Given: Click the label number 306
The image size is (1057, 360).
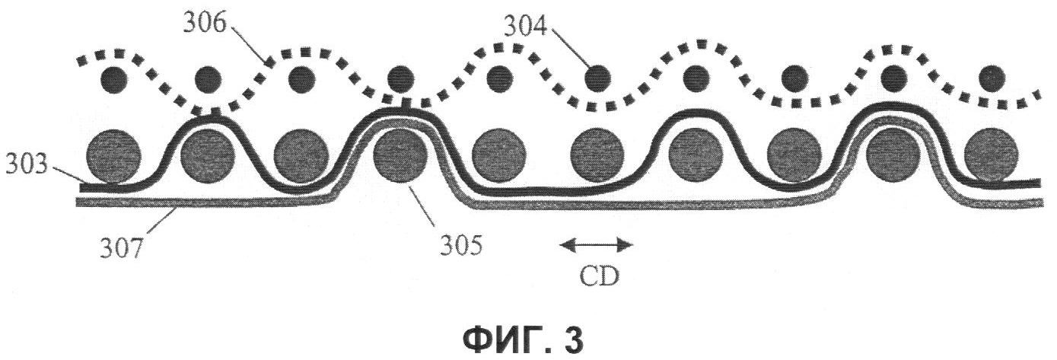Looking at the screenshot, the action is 205,24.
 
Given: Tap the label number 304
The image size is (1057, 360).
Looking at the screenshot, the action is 526,27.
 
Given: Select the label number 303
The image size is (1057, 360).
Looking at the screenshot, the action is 27,164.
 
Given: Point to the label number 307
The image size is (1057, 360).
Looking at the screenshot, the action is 120,247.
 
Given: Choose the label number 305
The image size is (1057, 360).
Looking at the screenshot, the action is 461,245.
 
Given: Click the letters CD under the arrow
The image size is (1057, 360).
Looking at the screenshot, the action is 598,277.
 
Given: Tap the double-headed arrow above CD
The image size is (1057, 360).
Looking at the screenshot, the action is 596,244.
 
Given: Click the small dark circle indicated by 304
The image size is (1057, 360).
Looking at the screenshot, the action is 597,79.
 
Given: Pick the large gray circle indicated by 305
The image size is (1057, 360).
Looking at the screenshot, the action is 400,155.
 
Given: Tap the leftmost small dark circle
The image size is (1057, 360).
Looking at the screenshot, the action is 113,79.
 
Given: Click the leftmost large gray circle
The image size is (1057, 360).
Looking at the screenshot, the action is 113,156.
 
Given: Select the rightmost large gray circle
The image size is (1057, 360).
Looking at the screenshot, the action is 991,155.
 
